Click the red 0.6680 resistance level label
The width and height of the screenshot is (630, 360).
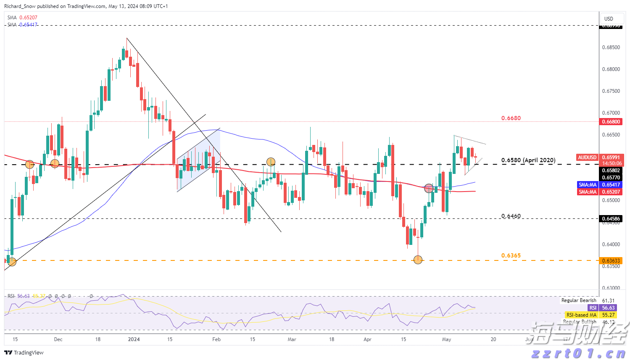511,118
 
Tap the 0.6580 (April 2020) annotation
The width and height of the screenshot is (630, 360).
528,160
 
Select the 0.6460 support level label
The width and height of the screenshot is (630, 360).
511,216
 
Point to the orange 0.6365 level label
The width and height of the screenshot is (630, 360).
511,255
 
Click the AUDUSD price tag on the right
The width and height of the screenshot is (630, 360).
587,158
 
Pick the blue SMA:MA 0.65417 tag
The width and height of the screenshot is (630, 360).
588,185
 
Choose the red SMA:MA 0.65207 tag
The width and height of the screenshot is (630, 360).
588,192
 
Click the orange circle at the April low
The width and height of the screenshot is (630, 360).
418,260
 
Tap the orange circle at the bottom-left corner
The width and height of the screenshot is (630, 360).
12,262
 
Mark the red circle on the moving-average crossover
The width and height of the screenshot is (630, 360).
429,188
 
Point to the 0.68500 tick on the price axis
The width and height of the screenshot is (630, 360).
611,47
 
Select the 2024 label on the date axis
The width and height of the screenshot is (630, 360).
134,339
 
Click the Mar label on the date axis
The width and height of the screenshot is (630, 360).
292,339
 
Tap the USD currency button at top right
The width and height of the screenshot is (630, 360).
609,19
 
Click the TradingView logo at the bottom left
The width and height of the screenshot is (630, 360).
24,352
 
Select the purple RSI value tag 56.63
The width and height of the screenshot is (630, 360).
608,308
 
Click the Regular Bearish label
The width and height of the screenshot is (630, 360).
579,300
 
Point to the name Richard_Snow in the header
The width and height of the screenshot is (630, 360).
20,6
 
